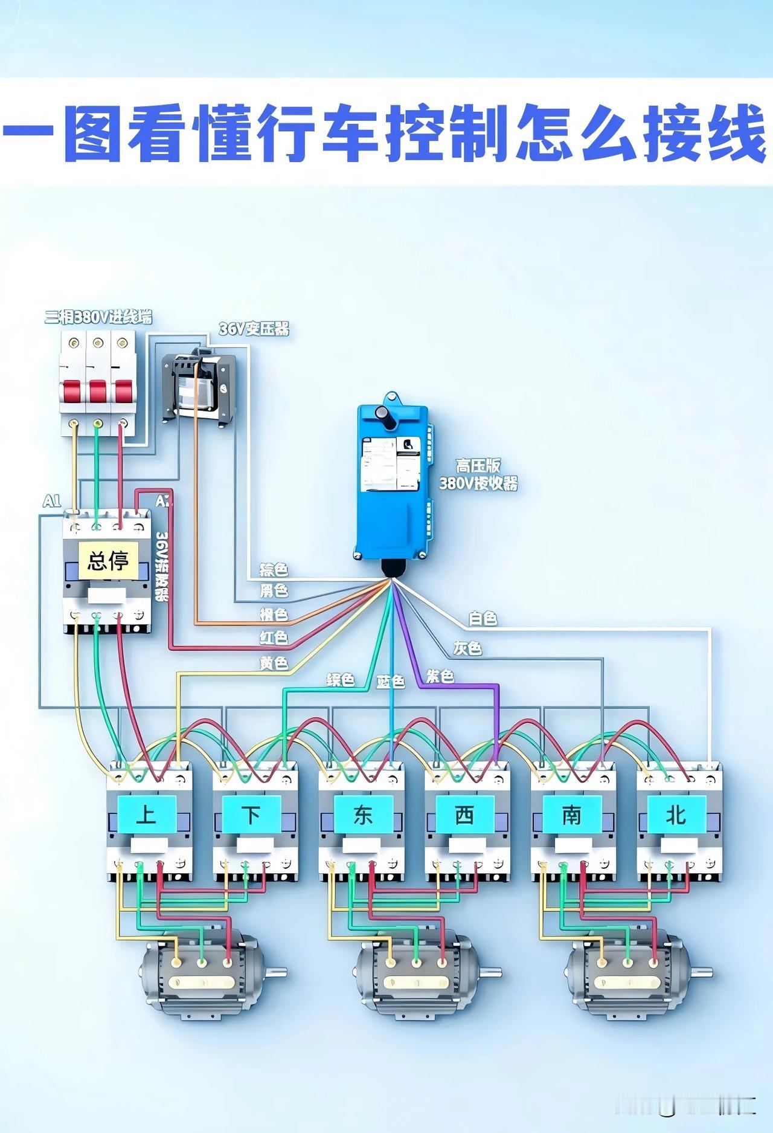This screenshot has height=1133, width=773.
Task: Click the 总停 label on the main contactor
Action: point(108,560)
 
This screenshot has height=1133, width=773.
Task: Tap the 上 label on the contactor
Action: point(146,815)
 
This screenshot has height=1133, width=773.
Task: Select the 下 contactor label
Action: point(252,815)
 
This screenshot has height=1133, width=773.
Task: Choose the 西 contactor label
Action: point(464,815)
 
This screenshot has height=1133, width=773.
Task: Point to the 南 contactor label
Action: point(571,815)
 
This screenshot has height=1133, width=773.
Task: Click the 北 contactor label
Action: point(676,815)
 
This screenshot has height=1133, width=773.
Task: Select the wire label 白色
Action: point(483,619)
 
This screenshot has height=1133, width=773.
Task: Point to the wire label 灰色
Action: point(467,648)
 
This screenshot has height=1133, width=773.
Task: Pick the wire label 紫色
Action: point(440,676)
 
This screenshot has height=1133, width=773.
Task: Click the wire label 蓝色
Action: point(390,681)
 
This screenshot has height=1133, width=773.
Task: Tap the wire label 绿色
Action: point(341,680)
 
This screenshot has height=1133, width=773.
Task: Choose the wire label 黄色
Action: point(274,663)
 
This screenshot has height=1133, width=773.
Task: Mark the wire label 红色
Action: point(274,638)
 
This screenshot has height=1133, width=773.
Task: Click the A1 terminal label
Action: point(52,501)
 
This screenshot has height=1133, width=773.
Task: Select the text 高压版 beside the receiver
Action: point(478,465)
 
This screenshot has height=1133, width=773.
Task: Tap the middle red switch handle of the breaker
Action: point(98,392)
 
